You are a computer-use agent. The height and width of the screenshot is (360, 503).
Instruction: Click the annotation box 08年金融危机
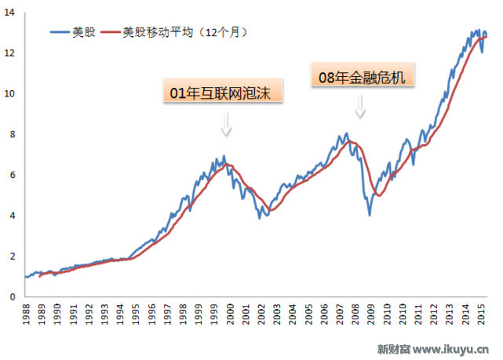(x=362, y=77)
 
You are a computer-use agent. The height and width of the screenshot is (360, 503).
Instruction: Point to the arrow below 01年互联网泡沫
(x=226, y=123)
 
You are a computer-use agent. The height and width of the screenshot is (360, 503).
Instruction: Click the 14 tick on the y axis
(x=11, y=12)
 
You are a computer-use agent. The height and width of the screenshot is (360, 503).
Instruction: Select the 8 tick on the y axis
(x=13, y=134)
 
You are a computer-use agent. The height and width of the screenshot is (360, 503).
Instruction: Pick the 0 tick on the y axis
(x=13, y=297)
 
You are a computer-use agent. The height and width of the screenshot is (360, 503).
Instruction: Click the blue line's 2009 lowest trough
(x=369, y=215)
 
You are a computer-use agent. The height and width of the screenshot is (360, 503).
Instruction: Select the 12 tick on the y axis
(x=11, y=53)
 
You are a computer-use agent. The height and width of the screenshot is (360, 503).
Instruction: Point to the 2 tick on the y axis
(x=13, y=256)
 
